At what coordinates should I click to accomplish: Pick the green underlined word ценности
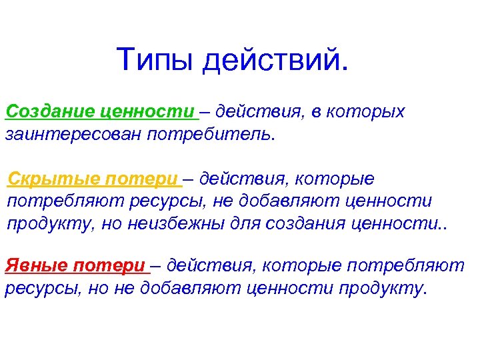149,111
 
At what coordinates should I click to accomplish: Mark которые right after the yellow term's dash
336,179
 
